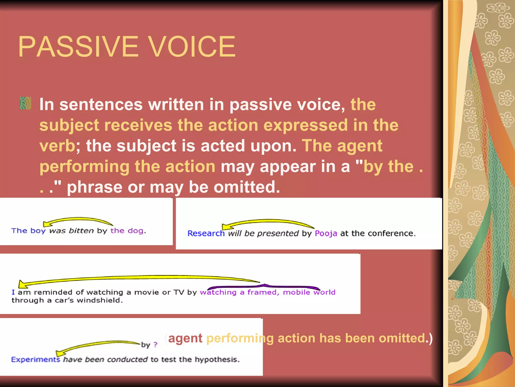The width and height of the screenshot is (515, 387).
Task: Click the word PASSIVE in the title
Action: (x=78, y=47)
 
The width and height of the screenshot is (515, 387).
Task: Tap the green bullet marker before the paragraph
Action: (x=25, y=103)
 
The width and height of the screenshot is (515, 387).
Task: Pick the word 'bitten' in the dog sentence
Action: (x=81, y=231)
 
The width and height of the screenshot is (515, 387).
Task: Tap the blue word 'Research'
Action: (x=206, y=234)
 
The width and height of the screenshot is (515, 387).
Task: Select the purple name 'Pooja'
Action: (x=326, y=234)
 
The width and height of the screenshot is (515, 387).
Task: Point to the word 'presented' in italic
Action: (x=278, y=234)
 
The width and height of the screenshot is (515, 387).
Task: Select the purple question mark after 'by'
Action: (x=156, y=344)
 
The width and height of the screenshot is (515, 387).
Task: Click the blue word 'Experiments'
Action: (x=35, y=360)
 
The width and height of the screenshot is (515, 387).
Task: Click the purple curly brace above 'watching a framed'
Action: (x=264, y=286)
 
